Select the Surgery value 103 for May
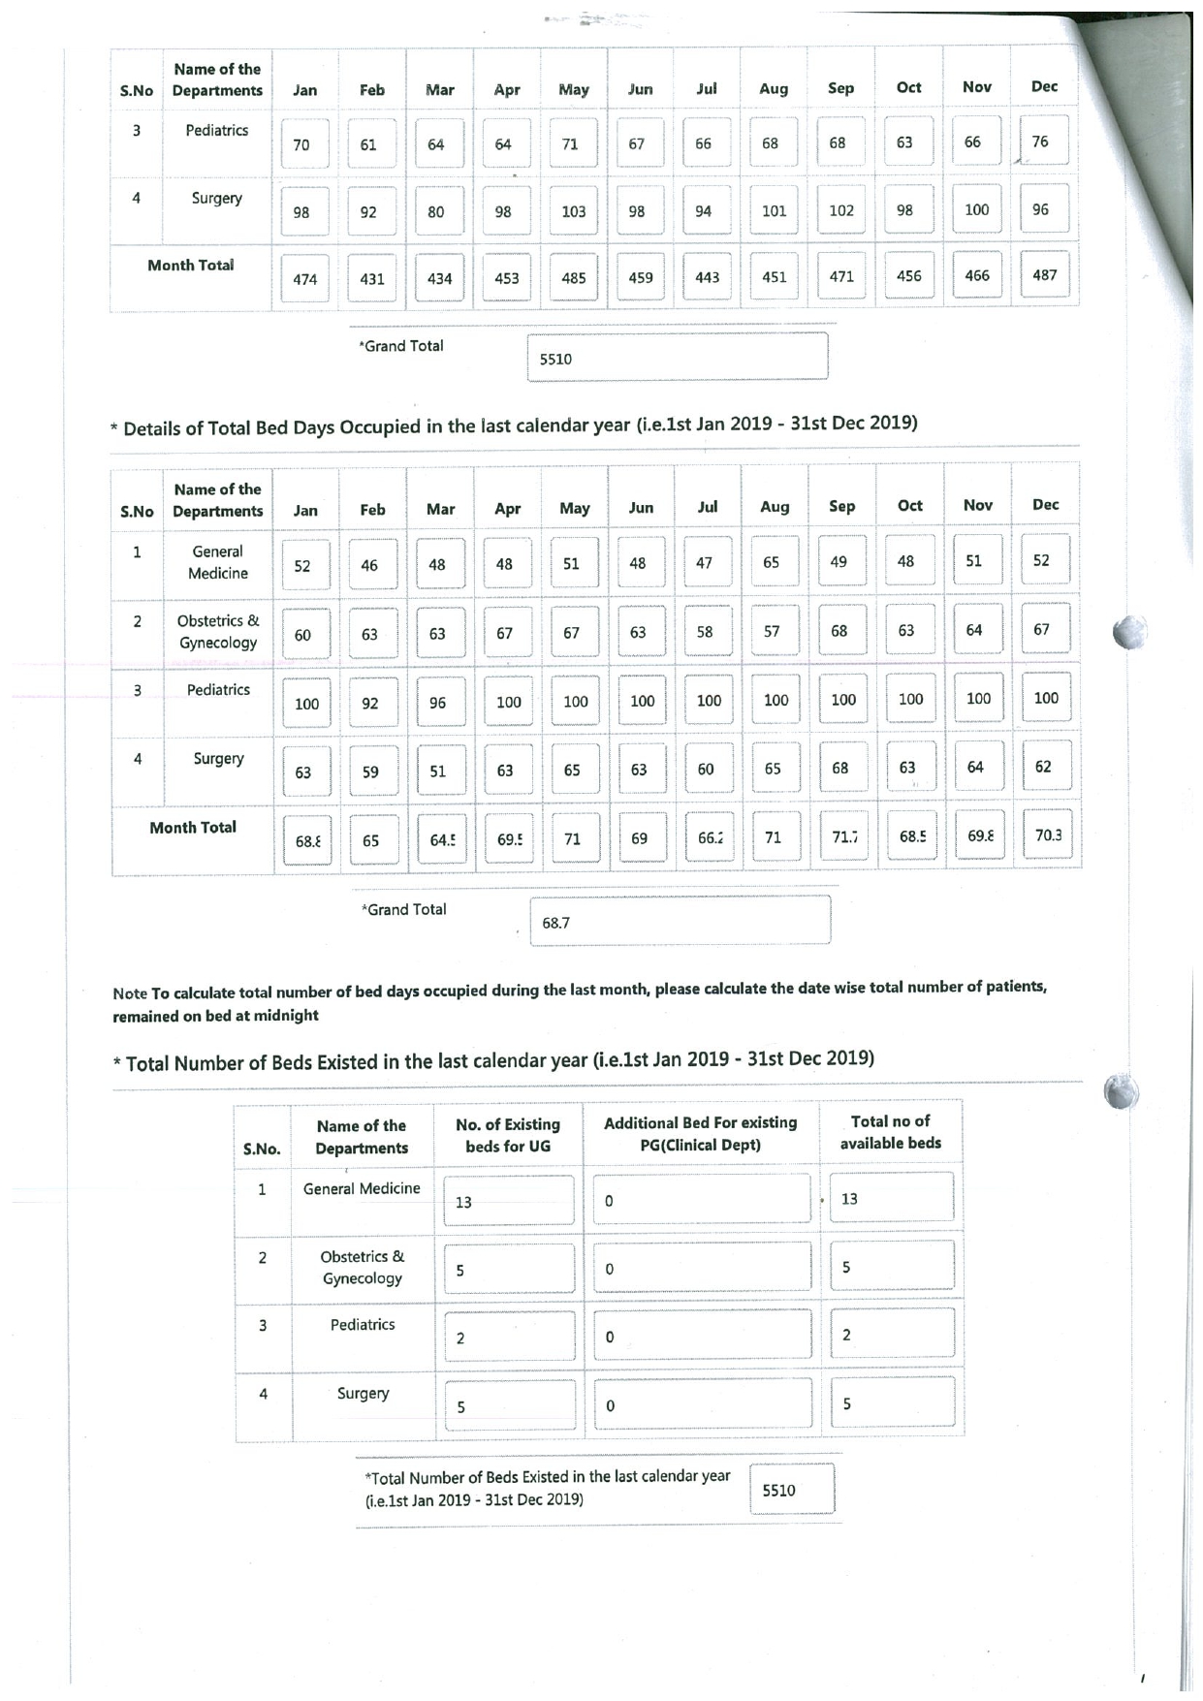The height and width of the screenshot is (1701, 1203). (573, 211)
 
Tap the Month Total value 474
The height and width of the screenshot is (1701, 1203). (305, 279)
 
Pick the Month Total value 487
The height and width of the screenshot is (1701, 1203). (1044, 275)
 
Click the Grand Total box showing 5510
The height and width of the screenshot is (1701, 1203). (677, 358)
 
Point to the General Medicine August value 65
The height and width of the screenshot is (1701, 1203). (772, 562)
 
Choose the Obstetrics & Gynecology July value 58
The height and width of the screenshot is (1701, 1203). (705, 632)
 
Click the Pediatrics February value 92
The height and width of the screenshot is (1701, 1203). (370, 704)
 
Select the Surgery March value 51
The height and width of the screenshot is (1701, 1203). (438, 772)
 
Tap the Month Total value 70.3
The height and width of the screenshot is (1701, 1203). (1047, 835)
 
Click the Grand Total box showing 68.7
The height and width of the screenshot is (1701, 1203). (680, 922)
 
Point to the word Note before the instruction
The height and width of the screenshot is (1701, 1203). (130, 993)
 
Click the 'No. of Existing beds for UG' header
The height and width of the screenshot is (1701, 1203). (508, 1135)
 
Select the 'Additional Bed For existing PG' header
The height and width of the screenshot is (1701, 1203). (700, 1133)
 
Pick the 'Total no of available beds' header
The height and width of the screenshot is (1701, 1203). (890, 1132)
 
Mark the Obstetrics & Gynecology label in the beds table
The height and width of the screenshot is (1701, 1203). (362, 1267)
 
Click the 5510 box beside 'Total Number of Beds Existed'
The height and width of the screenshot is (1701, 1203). (791, 1491)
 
